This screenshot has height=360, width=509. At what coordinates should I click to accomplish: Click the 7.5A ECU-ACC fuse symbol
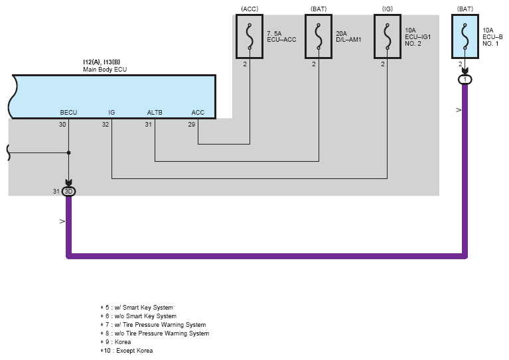coord(250,36)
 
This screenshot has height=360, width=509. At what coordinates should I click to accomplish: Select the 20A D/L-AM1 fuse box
coord(319,36)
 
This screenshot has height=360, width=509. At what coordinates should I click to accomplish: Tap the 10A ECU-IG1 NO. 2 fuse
coord(388,36)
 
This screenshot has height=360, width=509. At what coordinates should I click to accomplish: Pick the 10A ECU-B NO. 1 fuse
coord(465,36)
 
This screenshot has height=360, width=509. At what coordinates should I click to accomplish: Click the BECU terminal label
coord(68,113)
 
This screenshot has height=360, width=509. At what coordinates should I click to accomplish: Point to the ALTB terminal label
coord(155,113)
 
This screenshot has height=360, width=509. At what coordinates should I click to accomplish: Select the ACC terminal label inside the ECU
coord(198,113)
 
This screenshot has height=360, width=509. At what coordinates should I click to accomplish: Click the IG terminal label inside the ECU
coord(111,113)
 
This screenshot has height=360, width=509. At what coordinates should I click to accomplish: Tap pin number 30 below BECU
coord(62,125)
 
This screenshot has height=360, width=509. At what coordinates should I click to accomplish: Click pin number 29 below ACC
coord(192,125)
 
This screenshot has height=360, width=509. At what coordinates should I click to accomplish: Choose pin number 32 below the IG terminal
coord(105,125)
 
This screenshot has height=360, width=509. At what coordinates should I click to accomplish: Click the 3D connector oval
coord(68,192)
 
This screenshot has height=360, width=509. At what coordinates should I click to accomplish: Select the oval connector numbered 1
coord(465,80)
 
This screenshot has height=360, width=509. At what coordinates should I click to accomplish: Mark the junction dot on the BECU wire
coord(68,152)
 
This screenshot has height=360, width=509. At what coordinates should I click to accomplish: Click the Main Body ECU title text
coord(105,70)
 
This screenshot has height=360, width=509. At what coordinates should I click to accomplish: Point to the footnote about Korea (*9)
coord(115,342)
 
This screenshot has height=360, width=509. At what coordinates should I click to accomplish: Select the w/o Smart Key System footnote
coord(138,316)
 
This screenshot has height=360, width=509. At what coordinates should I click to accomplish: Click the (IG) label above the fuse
coord(388,9)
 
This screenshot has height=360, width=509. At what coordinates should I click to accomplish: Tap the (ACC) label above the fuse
coord(250,9)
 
